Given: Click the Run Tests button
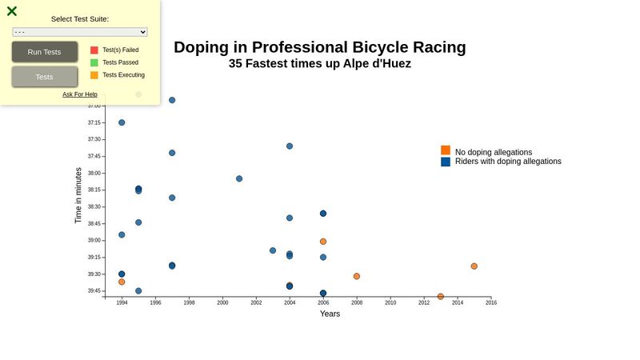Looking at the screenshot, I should [45, 52].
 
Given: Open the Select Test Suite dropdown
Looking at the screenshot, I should [80, 32].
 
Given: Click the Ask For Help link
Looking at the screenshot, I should [80, 94].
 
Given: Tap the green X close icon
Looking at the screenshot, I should [12, 11].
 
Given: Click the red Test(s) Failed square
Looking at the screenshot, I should [94, 50].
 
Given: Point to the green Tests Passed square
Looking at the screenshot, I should [94, 62].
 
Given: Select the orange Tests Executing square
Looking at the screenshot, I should [94, 75].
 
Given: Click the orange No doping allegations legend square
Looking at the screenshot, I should [446, 150].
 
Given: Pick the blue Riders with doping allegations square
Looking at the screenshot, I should [446, 162].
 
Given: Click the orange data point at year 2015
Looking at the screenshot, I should [474, 266].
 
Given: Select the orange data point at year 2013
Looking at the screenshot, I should [441, 297].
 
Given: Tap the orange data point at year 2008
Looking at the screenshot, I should [357, 277].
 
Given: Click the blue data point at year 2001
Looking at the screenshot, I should [239, 179].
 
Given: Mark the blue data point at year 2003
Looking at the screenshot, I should [273, 250].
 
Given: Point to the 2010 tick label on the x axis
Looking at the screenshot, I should [390, 303].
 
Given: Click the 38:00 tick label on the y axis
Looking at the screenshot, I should [94, 173].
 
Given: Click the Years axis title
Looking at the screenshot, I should [330, 314].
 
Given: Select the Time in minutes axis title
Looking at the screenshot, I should [78, 195].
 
